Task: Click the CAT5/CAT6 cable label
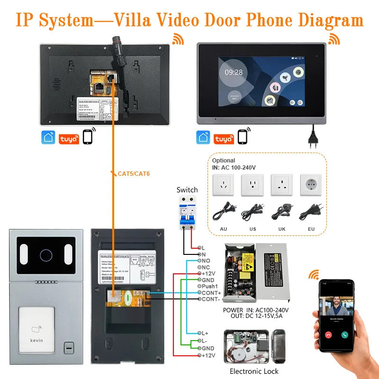pyautogui.click(x=134, y=174)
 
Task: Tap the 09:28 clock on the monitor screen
pyautogui.click(x=234, y=72)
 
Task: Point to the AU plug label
pyautogui.click(x=224, y=229)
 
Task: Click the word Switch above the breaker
pyautogui.click(x=187, y=190)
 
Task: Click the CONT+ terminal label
pyautogui.click(x=212, y=293)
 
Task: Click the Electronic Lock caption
pyautogui.click(x=254, y=371)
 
